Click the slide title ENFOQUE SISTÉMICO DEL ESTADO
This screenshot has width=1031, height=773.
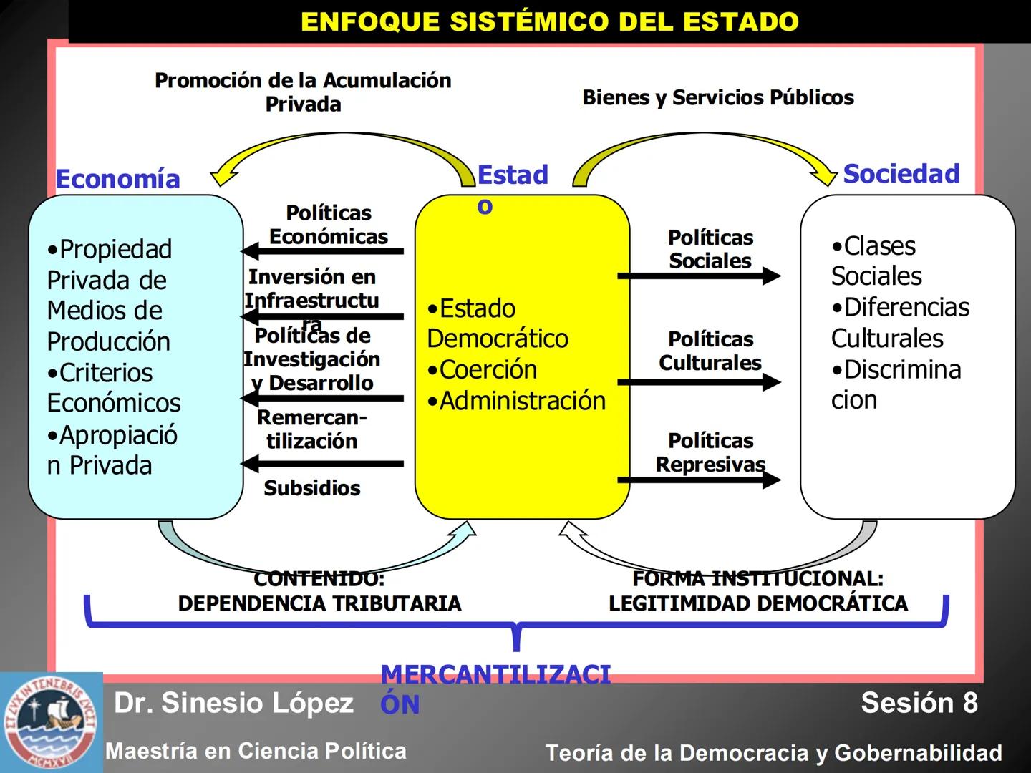click(x=549, y=21)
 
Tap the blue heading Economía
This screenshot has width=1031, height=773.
click(x=118, y=179)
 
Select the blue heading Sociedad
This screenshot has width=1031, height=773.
click(x=901, y=174)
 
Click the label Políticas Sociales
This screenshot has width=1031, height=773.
click(x=710, y=249)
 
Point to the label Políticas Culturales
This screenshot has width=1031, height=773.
click(x=710, y=351)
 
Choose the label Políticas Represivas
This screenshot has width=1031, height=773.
click(x=710, y=452)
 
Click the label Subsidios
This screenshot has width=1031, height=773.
click(x=312, y=488)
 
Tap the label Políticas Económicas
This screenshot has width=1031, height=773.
click(x=329, y=225)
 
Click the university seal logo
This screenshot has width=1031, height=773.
click(x=51, y=721)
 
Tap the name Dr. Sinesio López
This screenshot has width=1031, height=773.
click(x=233, y=703)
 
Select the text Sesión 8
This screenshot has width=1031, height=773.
click(x=919, y=703)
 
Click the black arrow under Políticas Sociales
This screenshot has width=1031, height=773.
click(x=699, y=276)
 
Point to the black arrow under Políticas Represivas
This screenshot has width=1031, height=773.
click(x=699, y=479)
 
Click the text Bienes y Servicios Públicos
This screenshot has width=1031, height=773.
click(x=718, y=97)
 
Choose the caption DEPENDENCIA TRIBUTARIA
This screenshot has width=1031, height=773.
click(x=319, y=603)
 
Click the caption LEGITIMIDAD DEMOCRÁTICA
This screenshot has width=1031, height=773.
click(x=758, y=603)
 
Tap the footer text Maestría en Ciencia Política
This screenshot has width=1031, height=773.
click(x=256, y=751)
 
